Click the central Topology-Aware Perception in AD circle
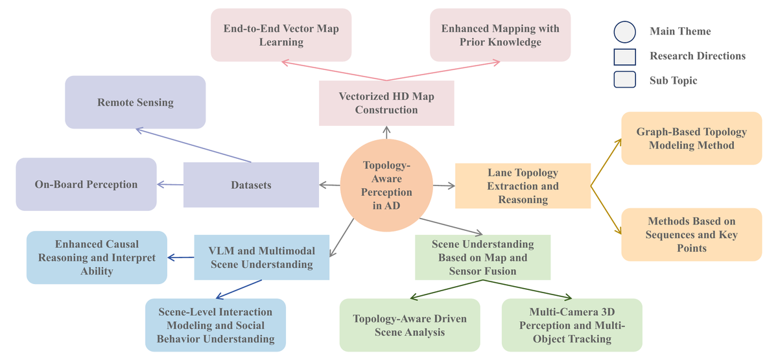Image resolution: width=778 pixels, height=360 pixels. point(386,186)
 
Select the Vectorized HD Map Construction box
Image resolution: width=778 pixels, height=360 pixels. point(386,103)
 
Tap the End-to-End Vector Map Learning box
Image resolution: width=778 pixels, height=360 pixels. point(281,35)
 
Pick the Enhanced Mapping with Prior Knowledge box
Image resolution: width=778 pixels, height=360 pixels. point(500,35)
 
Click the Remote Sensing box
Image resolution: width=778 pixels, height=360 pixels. point(135,102)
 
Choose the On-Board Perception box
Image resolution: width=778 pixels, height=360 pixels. point(86,184)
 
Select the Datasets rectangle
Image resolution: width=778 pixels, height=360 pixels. point(251,185)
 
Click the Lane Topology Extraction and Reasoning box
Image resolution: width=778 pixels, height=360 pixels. point(523,186)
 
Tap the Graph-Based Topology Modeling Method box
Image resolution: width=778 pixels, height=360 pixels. point(692,138)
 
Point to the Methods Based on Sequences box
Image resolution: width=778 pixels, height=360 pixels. point(692,235)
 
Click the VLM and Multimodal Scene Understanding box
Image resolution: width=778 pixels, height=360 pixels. point(261,258)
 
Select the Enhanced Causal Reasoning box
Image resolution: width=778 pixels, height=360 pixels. point(97,258)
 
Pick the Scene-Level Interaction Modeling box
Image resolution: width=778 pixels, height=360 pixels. point(215,325)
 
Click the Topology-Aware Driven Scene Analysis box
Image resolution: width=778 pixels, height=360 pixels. point(410,325)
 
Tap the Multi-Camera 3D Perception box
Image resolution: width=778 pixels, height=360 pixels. point(572,325)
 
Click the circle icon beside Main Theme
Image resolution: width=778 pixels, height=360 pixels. point(625,32)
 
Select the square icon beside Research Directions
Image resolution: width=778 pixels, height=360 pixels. point(625,57)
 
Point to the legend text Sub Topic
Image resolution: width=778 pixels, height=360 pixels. point(673,80)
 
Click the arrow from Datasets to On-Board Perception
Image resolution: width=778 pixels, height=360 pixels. point(170,184)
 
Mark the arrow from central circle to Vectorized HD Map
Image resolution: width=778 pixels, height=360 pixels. point(386,132)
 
